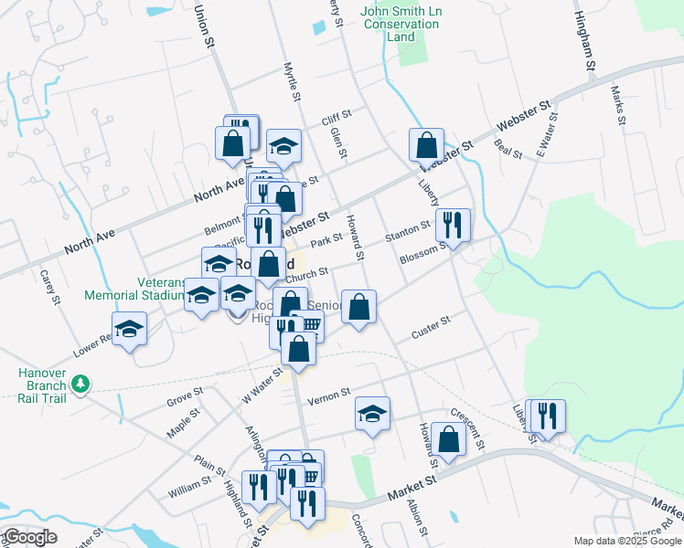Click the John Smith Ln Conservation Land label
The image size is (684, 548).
click(401, 25)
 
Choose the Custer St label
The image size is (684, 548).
click(431, 328)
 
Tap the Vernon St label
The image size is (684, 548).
click(328, 397)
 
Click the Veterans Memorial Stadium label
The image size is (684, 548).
click(135, 289)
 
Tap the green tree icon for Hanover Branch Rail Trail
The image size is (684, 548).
click(81, 385)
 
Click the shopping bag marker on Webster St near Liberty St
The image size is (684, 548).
click(426, 144)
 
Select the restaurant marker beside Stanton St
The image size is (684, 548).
click(453, 224)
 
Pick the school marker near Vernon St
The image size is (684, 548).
click(372, 414)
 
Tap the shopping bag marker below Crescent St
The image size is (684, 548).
click(449, 438)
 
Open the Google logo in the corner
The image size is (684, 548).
click(30, 537)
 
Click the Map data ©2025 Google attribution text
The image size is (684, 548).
click(627, 541)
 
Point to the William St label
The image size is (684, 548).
click(191, 486)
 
